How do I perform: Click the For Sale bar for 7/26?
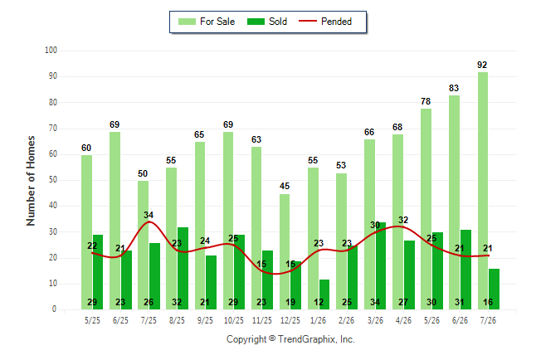pos(483,191)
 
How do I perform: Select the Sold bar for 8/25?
pos(183,269)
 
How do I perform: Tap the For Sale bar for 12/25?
pos(285,252)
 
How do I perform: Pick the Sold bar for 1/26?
pos(324,294)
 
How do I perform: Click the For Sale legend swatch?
pos(187,22)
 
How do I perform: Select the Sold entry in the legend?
pos(267,22)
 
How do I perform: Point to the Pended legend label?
pos(336,22)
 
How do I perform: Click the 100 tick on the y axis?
pos(51,51)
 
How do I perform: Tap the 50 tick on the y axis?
pos(52,180)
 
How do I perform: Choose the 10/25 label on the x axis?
pos(234,320)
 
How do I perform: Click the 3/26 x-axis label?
pos(375,320)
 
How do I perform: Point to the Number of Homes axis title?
pos(31,181)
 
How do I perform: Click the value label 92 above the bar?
pos(482,65)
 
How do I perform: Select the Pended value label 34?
pos(149,215)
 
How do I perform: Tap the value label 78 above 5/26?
pos(426,101)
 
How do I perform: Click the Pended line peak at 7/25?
pos(149,221)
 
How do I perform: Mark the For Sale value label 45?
pos(285,186)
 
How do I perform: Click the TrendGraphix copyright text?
pos(290,339)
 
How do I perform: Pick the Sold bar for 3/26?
pos(381,266)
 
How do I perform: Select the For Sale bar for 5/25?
pos(87,232)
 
